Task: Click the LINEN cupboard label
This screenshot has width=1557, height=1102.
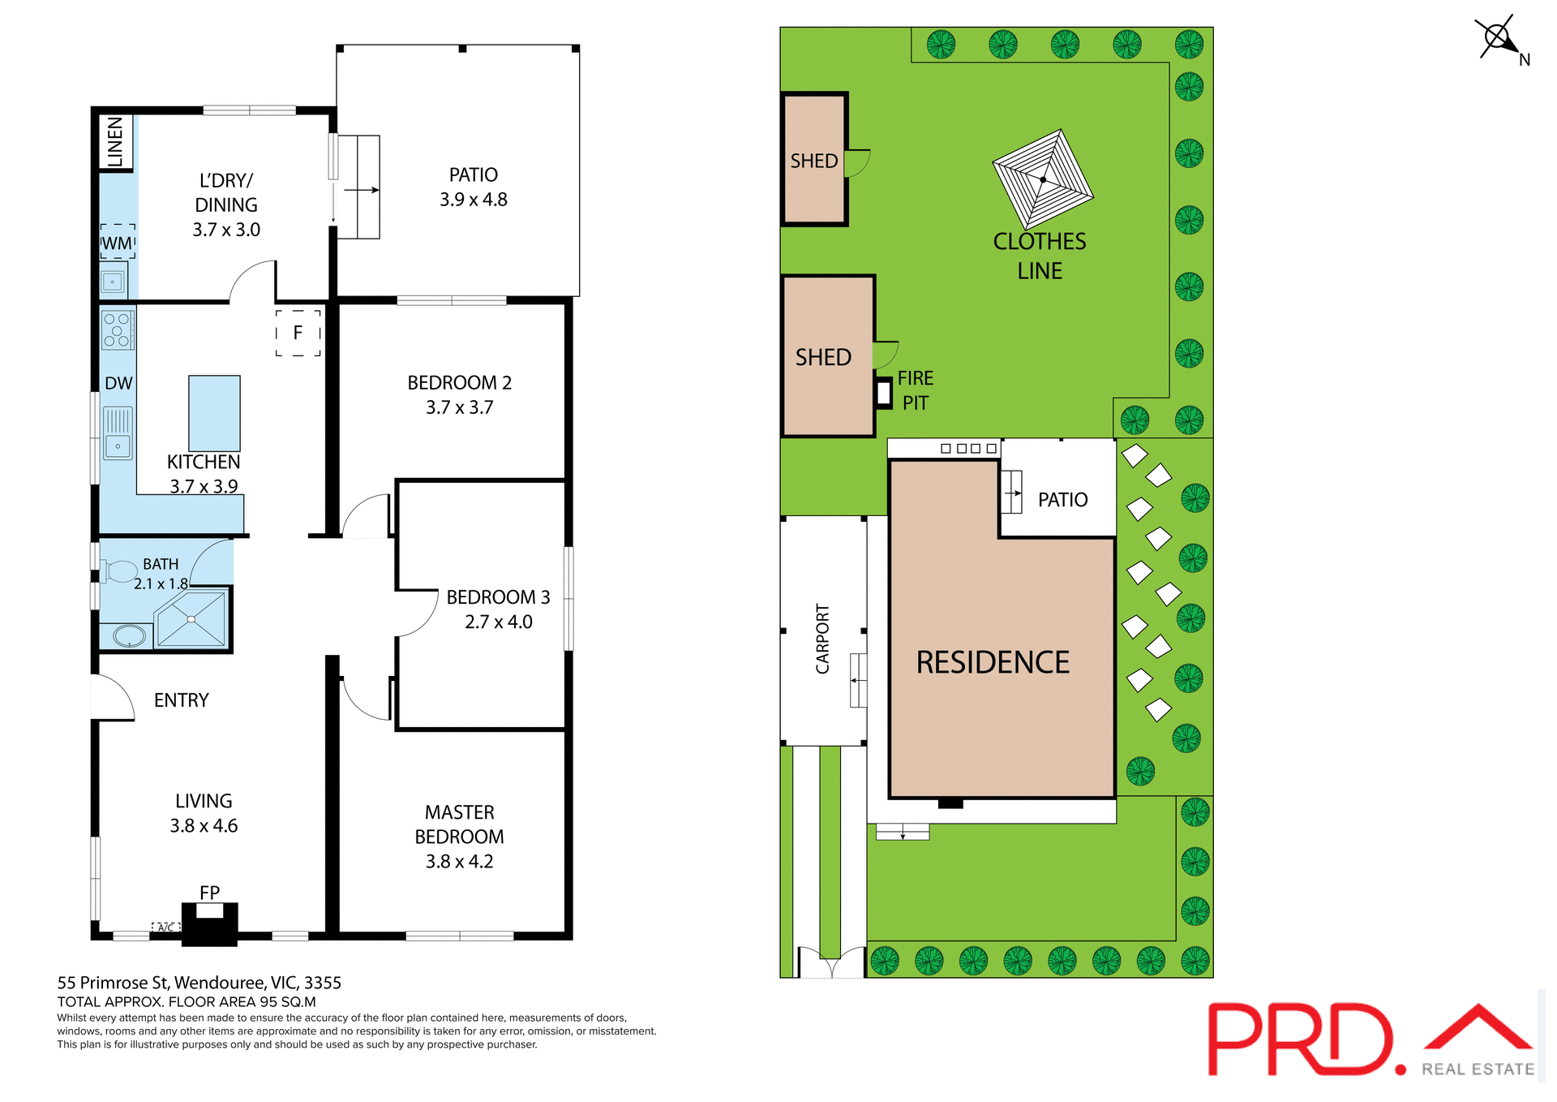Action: [x=115, y=141]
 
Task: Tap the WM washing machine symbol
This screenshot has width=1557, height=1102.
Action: [x=118, y=243]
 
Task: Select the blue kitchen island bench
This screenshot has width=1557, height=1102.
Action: [x=214, y=413]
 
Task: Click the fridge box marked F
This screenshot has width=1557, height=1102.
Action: [x=298, y=333]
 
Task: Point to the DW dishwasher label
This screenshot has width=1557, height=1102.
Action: [x=118, y=384]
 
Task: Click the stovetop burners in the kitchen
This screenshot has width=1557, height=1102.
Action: [x=117, y=330]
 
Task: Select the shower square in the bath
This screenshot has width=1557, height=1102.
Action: [x=191, y=619]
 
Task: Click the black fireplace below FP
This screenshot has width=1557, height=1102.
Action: [x=209, y=925]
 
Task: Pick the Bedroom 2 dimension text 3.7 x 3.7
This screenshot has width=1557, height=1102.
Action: [x=459, y=407]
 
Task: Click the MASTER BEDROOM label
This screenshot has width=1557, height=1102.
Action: [x=459, y=824]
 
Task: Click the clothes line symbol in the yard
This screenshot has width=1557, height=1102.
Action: [x=1043, y=179]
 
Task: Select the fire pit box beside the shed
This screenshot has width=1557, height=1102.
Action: [x=884, y=393]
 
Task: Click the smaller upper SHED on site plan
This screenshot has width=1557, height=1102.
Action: [x=814, y=160]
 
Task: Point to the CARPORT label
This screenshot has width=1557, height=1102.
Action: [x=822, y=639]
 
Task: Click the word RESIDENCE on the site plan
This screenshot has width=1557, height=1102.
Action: [x=993, y=662]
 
